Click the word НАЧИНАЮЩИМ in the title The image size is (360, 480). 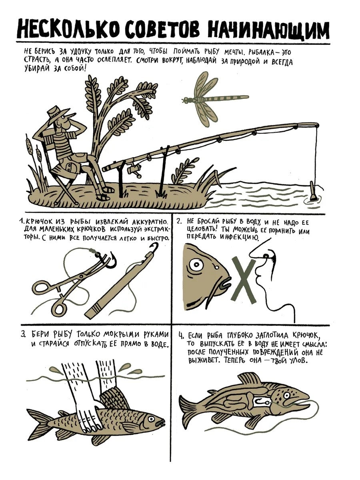click(268, 30)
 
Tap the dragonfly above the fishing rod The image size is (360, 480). click(210, 99)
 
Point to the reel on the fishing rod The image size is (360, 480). click(135, 170)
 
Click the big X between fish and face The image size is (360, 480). click(244, 280)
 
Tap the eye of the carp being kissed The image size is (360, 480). click(196, 265)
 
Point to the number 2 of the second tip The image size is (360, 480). click(179, 222)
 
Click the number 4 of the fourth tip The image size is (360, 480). click(181, 342)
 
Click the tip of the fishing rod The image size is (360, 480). click(317, 125)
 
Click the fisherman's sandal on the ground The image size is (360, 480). click(103, 198)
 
